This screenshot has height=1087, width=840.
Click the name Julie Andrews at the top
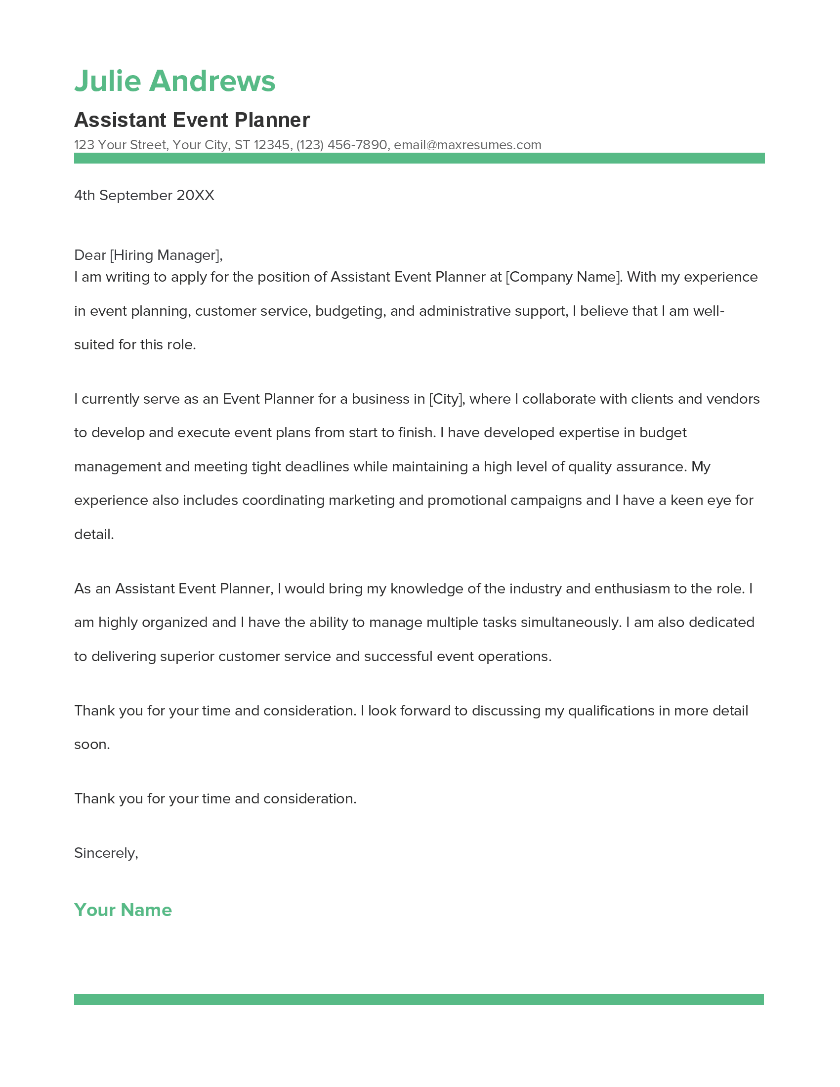[174, 81]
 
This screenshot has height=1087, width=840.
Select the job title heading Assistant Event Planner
[192, 120]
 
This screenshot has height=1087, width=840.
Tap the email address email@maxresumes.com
[467, 145]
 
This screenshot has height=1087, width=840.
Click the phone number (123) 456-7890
[341, 145]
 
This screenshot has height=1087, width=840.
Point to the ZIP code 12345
[271, 145]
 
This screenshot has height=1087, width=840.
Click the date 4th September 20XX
[144, 195]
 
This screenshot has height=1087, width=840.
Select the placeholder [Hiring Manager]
[165, 255]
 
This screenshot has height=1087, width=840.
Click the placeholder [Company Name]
[563, 277]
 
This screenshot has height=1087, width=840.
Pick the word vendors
[733, 399]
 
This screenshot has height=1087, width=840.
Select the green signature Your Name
[123, 910]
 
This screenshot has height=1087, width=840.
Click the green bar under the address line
[419, 158]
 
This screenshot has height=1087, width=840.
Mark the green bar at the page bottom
[419, 1000]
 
